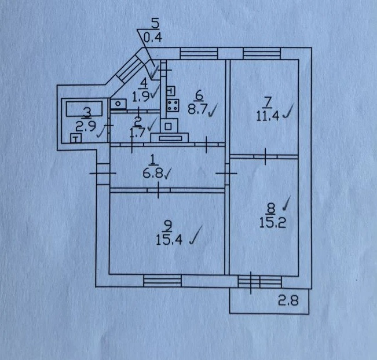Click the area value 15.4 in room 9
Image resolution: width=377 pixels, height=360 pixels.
pos(169,240)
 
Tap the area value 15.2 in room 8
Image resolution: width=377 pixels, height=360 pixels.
pos(273,222)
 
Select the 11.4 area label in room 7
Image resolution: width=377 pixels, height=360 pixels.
pos(268,116)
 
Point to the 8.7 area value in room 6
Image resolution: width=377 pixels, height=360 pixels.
pos(197,109)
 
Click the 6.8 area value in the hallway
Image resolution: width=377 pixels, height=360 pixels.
pos(153,172)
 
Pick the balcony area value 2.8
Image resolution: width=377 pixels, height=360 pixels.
pos(288,300)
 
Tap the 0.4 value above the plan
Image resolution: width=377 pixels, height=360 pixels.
pos(153,38)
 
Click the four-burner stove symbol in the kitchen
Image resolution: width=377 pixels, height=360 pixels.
pos(173,106)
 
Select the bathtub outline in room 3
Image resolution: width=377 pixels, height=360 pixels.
pos(85,109)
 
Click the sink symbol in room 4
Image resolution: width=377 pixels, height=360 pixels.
pos(118,104)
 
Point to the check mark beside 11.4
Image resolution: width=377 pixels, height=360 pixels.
pos(288,111)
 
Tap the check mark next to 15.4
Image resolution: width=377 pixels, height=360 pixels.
pos(196,235)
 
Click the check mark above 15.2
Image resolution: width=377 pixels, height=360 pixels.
pos(286,203)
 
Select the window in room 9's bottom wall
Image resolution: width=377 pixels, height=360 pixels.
pos(162,281)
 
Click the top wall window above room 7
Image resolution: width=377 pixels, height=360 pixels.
pos(262,53)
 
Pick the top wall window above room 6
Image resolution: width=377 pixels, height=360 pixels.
pos(199,53)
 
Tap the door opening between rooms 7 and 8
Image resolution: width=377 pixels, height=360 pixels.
pos(265,156)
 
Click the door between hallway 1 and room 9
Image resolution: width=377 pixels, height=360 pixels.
pos(159,190)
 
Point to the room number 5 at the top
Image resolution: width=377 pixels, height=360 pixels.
pos(155,24)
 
